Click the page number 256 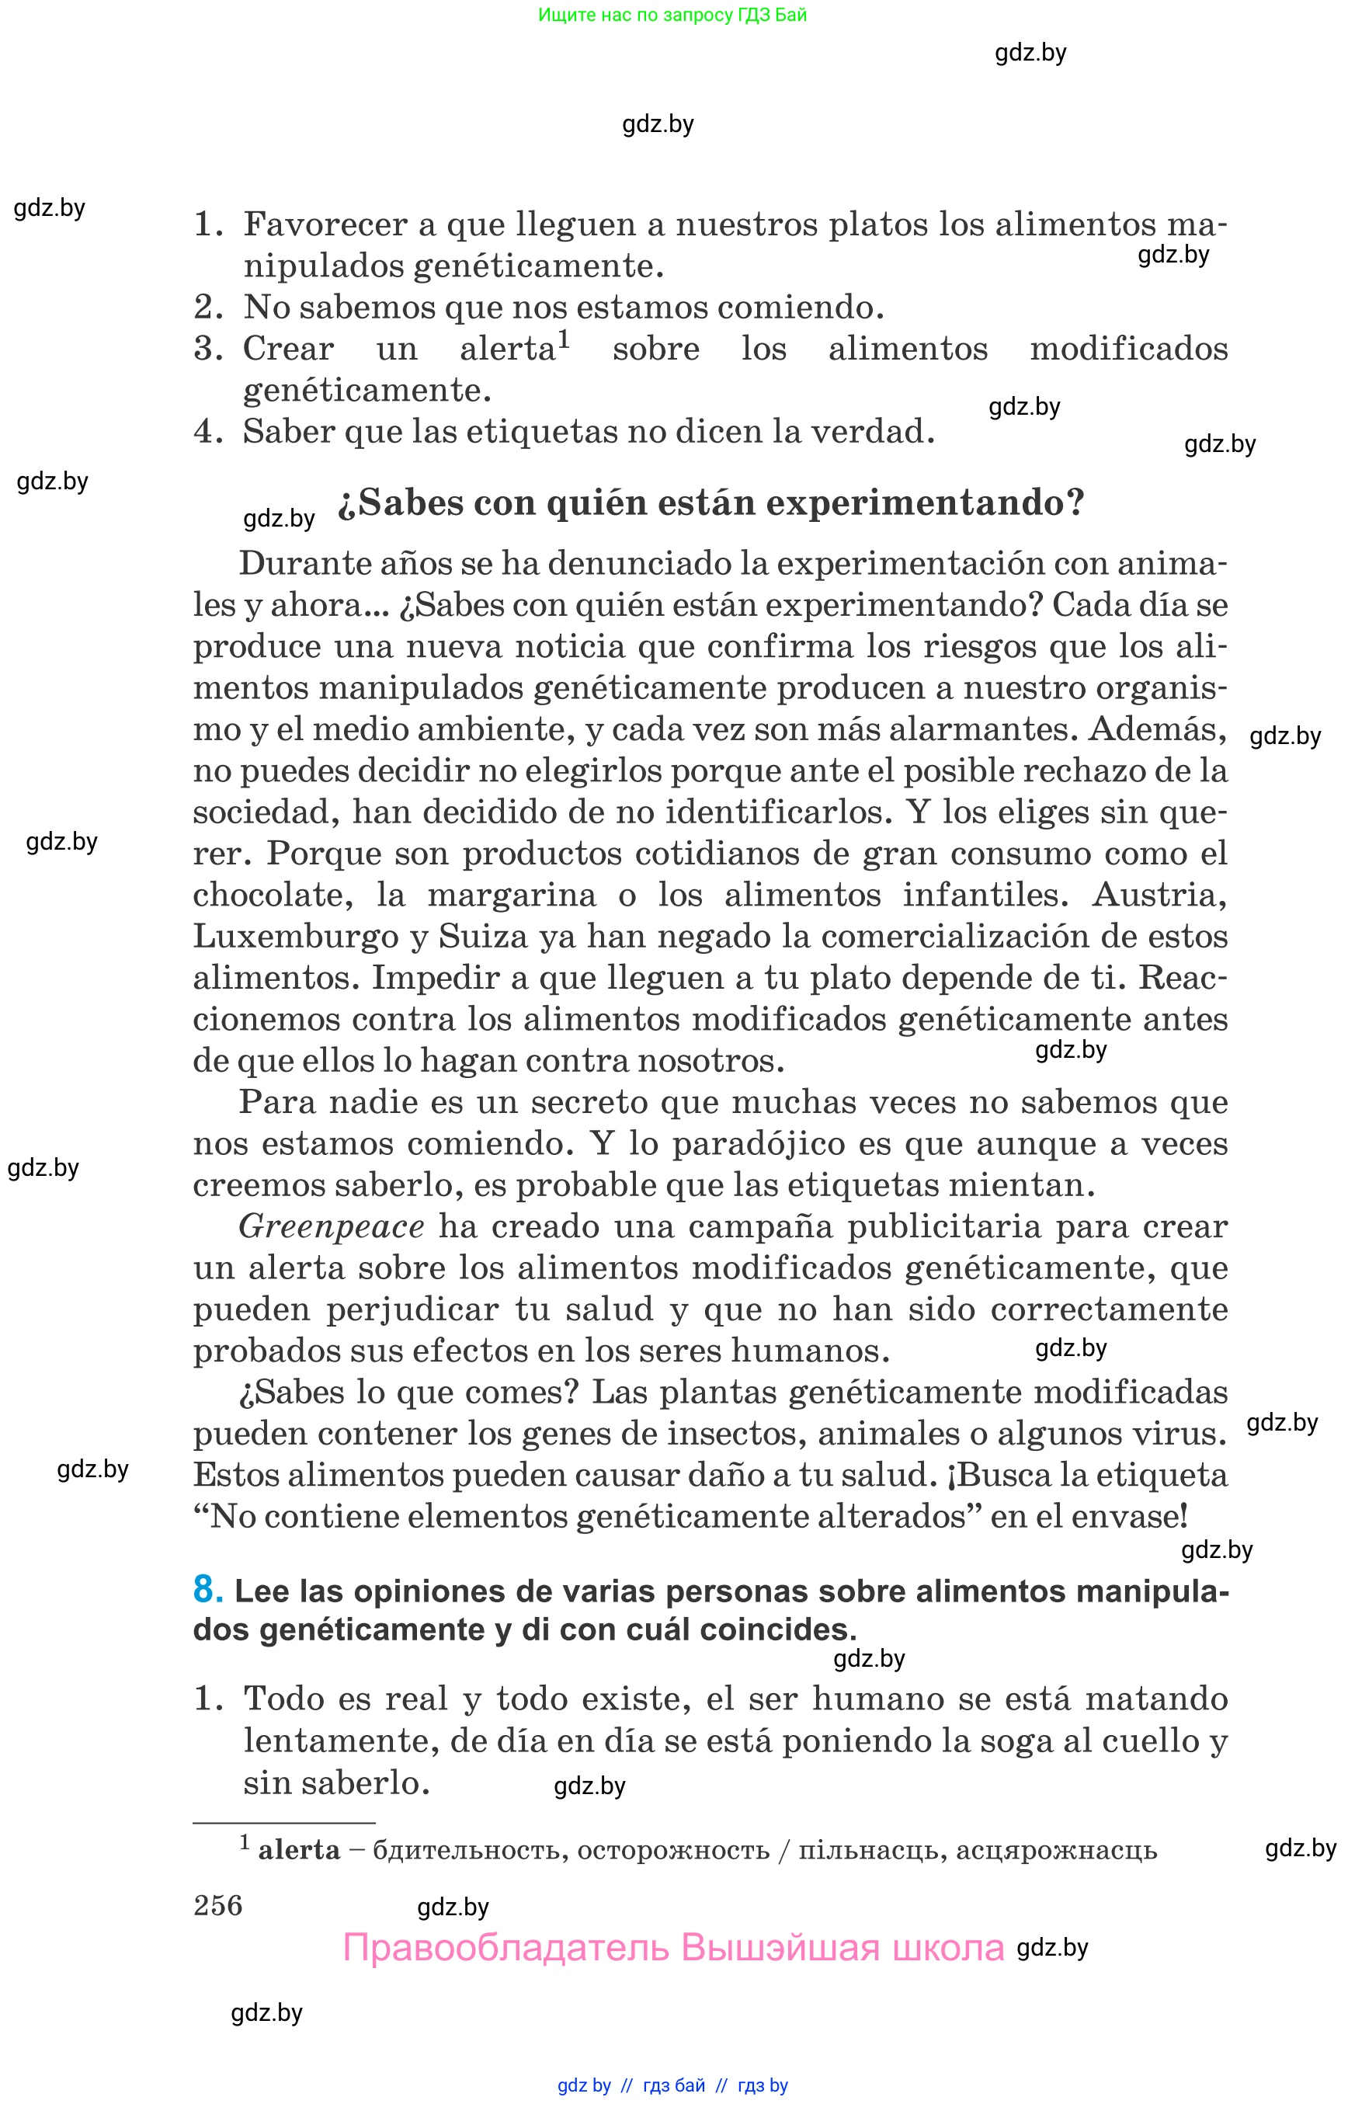(x=218, y=1905)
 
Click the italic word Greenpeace (x=332, y=1226)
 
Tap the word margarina (x=511, y=895)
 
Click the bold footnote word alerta (x=300, y=1849)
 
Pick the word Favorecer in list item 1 (x=325, y=225)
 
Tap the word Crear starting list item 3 (x=288, y=350)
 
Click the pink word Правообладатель (x=506, y=1948)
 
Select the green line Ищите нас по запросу (x=672, y=15)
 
